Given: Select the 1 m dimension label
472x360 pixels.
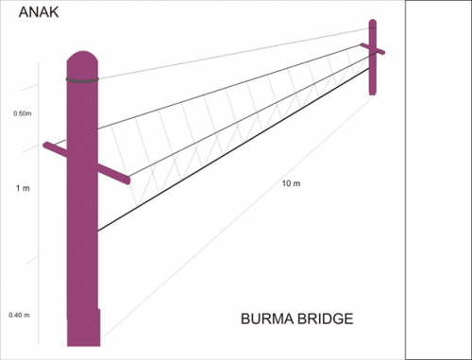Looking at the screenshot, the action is tap(23, 188).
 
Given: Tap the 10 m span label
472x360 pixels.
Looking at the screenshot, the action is tap(290, 181).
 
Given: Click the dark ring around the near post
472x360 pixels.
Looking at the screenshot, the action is tap(83, 80).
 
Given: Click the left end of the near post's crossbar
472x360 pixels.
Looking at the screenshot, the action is tap(48, 146).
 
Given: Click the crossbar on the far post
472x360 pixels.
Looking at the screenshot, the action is tap(373, 49).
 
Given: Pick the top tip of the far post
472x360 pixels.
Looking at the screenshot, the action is tap(373, 22).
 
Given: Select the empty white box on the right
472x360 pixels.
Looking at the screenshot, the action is tap(438, 180).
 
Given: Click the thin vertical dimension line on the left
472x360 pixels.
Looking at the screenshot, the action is tap(39, 189).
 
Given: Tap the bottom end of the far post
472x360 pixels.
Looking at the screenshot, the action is tap(373, 93).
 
